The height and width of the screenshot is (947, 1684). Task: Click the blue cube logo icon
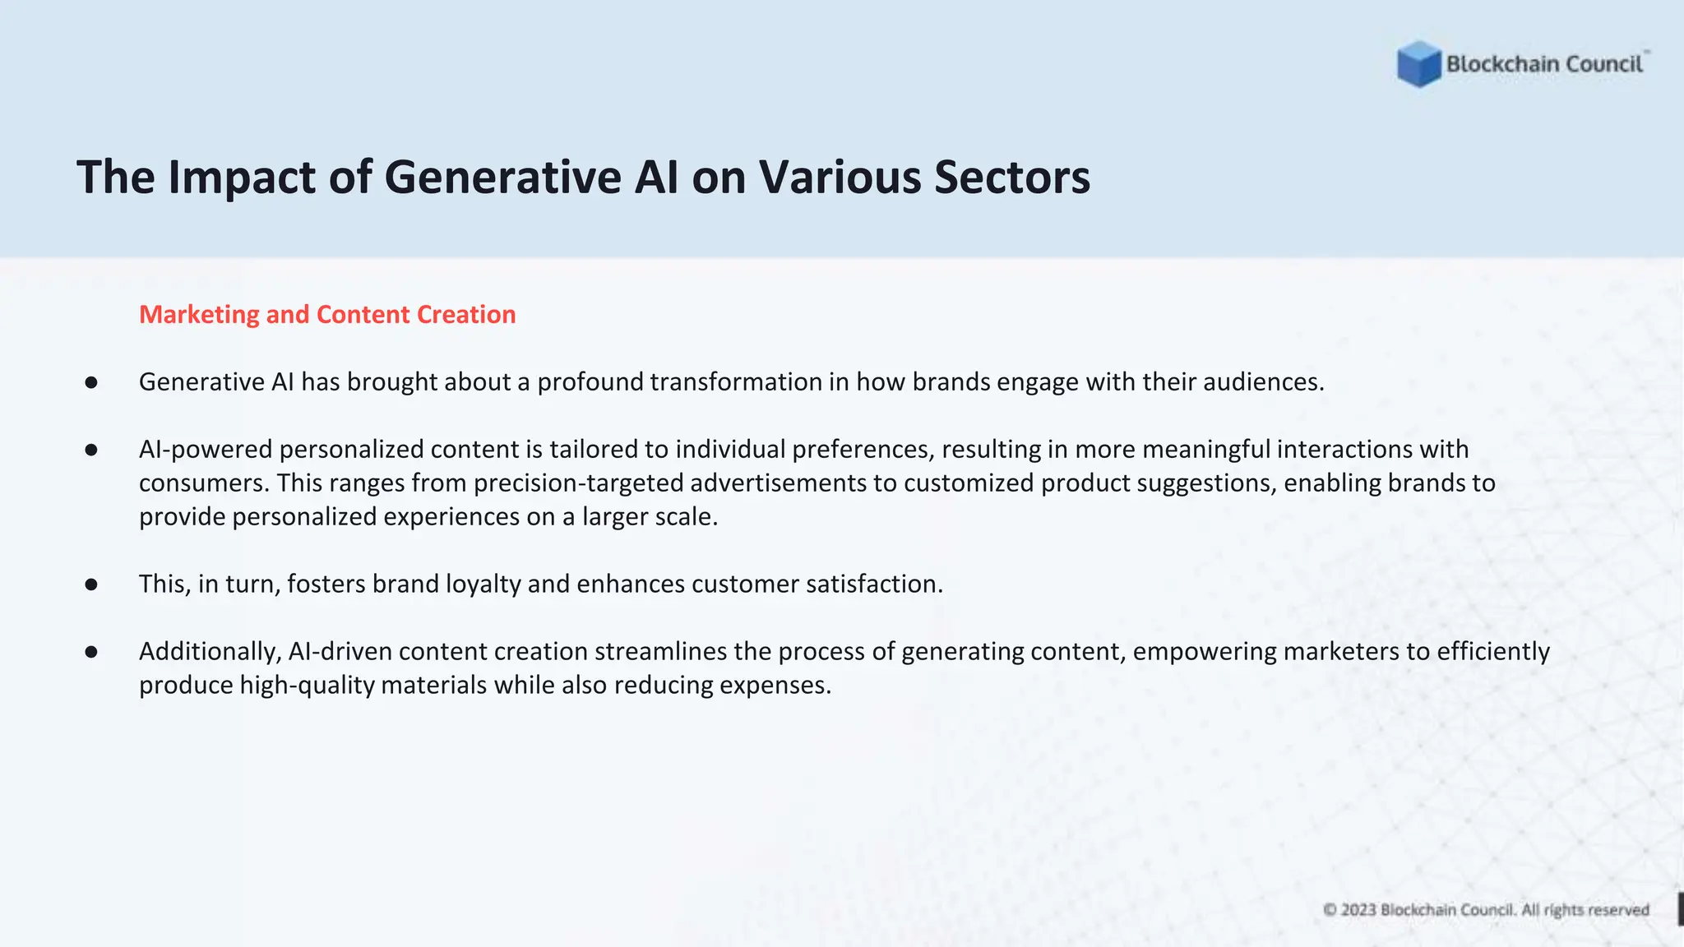1418,64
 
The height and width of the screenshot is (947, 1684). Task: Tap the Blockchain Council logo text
1544,64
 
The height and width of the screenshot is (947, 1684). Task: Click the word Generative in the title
502,177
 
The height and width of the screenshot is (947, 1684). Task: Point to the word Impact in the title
242,177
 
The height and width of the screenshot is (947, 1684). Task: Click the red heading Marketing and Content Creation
327,314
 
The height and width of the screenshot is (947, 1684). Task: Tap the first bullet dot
91,382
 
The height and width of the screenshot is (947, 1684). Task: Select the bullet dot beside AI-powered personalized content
91,450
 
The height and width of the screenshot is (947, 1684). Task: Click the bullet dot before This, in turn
91,584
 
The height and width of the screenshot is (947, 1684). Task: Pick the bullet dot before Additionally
91,652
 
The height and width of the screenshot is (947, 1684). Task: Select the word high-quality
307,686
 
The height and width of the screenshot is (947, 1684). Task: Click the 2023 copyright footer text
1486,910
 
